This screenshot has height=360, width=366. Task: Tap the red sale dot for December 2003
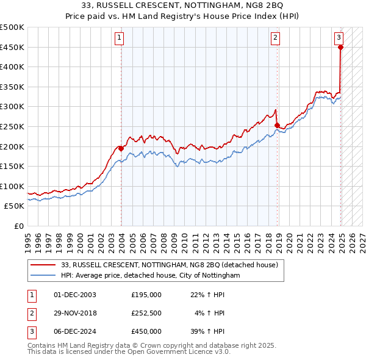(121, 148)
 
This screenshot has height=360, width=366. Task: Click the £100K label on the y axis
(12, 186)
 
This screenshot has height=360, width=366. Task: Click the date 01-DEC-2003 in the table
(75, 295)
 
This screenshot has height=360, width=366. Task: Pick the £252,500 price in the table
(146, 313)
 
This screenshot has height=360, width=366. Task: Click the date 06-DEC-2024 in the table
(75, 331)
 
